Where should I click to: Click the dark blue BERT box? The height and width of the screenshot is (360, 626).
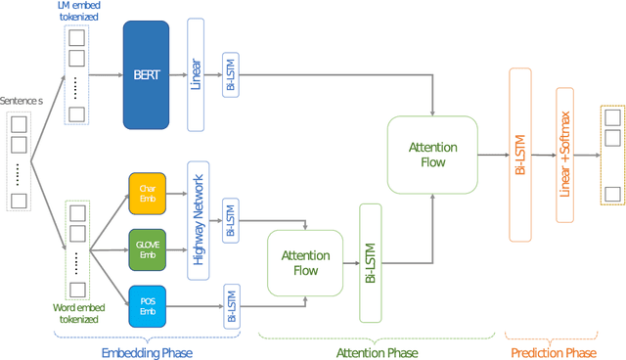[147, 74]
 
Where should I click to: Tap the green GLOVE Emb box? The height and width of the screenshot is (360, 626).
[147, 249]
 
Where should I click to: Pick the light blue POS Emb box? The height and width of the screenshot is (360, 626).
[147, 304]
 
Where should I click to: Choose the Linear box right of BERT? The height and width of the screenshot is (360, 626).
[195, 74]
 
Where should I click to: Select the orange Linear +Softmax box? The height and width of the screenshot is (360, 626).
[564, 155]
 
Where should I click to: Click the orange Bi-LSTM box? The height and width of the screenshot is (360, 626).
[519, 155]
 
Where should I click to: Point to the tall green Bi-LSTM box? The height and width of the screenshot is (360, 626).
[371, 262]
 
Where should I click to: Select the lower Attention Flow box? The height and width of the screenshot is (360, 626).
[305, 262]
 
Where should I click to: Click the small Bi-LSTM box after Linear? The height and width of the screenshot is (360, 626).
[230, 74]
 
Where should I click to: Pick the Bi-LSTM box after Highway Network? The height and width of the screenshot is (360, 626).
[230, 222]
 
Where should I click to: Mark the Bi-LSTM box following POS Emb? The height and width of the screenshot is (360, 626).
[230, 304]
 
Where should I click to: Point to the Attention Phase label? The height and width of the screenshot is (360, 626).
[377, 351]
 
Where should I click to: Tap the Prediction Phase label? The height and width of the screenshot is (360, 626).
[557, 351]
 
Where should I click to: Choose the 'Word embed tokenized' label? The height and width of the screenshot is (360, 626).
[75, 313]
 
